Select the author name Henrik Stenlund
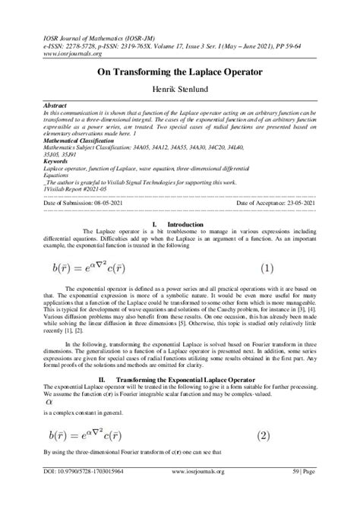coord(180,90)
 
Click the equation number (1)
coord(267,267)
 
